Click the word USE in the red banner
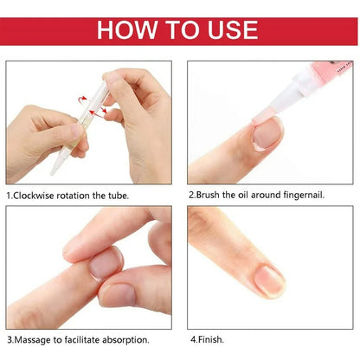[228, 29]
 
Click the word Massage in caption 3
[37, 339]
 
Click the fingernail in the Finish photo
[270, 279]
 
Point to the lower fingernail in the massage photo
[118, 294]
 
